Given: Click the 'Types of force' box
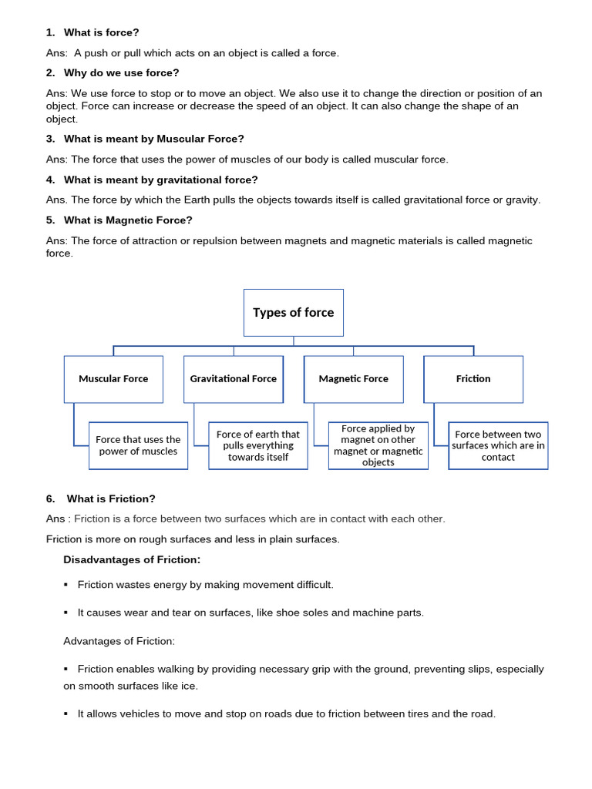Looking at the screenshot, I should coord(293,313).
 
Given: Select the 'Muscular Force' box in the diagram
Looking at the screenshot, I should coord(113,379).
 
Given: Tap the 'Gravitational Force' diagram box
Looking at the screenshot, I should coord(233,379).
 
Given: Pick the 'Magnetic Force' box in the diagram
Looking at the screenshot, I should coord(353,379).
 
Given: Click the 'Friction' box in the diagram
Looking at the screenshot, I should coord(473,379).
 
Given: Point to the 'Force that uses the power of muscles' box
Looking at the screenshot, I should coord(138,445).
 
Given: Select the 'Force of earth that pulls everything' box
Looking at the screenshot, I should coord(257,445).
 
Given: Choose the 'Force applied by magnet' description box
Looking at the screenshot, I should coord(378,445).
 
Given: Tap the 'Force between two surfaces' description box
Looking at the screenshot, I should coord(498,445).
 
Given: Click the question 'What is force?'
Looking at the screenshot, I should coord(101,32).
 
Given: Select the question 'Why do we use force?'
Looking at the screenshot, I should coord(121,73).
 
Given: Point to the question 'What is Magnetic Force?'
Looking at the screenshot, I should coord(128,220).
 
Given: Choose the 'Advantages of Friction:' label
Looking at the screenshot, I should coord(119,641).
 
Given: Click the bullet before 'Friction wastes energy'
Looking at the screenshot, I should coord(66,585).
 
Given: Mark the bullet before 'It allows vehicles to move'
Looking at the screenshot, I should coord(66,714).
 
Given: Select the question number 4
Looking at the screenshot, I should coord(50,180).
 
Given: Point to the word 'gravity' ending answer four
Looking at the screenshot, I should coord(522,200).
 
